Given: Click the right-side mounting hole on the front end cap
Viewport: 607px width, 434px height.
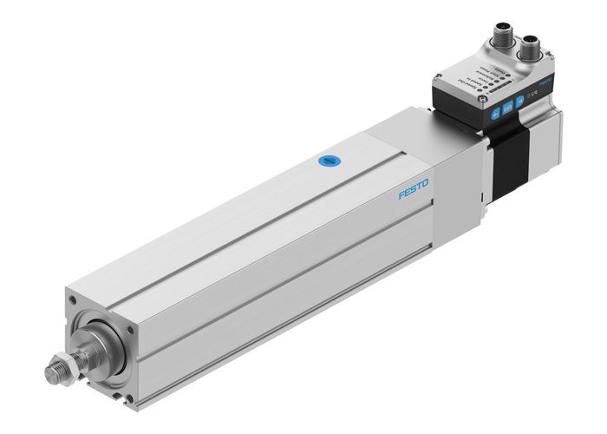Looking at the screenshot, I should click(130, 328).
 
